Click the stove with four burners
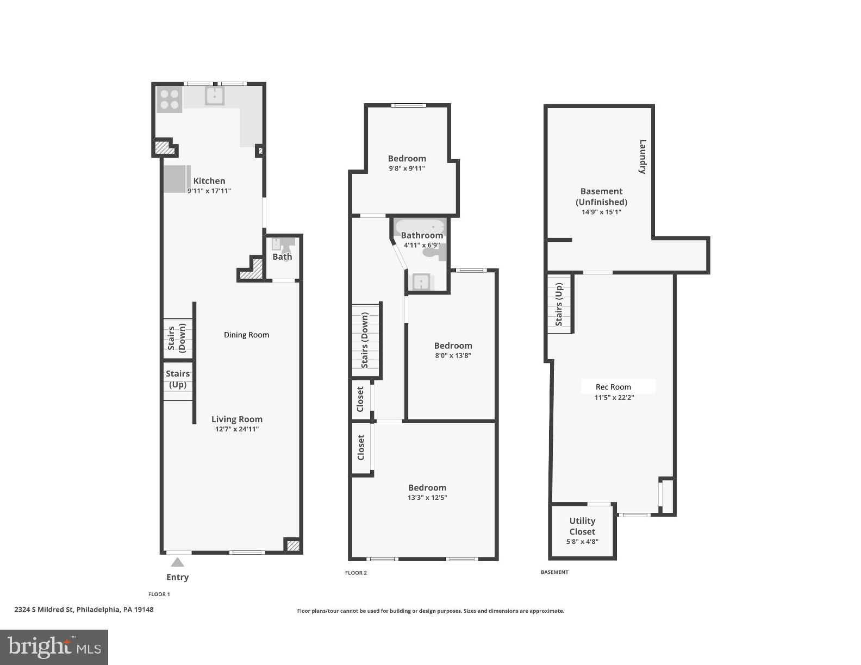pyautogui.click(x=169, y=99)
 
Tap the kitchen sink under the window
pyautogui.click(x=215, y=96)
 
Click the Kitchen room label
pyautogui.click(x=209, y=181)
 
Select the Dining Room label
pyautogui.click(x=246, y=335)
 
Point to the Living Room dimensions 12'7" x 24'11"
pyautogui.click(x=237, y=429)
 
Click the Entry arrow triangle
pyautogui.click(x=177, y=562)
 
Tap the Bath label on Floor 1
pyautogui.click(x=282, y=256)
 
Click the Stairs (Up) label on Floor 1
pyautogui.click(x=178, y=379)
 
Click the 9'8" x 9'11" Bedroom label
pyautogui.click(x=407, y=159)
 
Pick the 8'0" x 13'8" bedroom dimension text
pyautogui.click(x=452, y=356)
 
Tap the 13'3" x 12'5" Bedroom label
pyautogui.click(x=427, y=488)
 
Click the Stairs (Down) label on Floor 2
pyautogui.click(x=365, y=340)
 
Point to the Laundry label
pyautogui.click(x=642, y=156)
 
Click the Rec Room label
pyautogui.click(x=613, y=387)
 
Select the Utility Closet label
pyautogui.click(x=582, y=526)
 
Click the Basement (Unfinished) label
pyautogui.click(x=601, y=196)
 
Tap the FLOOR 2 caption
pyautogui.click(x=356, y=573)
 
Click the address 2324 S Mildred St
pyautogui.click(x=84, y=609)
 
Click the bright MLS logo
pyautogui.click(x=54, y=647)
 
